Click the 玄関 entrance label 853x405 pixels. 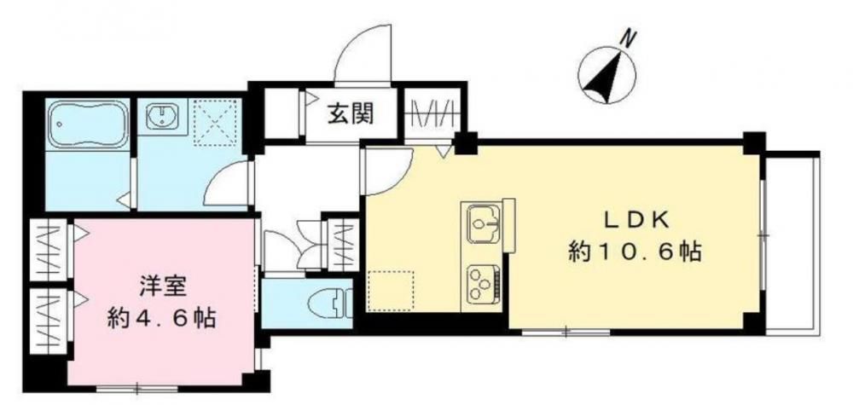tap(351, 114)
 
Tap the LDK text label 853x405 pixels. tap(635, 222)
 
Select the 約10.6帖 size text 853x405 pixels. tap(635, 252)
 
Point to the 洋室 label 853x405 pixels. tap(160, 287)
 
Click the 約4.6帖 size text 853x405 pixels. tap(161, 317)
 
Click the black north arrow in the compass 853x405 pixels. tap(606, 76)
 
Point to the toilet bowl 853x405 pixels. tap(328, 304)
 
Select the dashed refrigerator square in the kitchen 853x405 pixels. tap(390, 292)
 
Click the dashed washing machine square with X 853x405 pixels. tap(217, 122)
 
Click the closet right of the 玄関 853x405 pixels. tap(432, 113)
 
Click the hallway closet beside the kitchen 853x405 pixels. tap(343, 244)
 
